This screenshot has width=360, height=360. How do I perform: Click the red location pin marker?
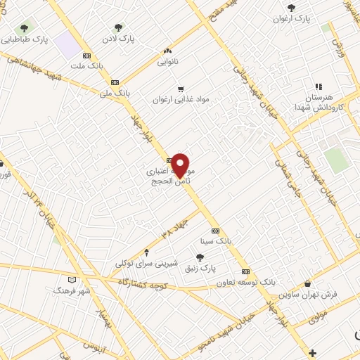tap(181, 166)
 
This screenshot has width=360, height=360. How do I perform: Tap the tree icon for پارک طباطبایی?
tap(25, 28)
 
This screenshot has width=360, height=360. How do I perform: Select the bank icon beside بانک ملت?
tap(87, 56)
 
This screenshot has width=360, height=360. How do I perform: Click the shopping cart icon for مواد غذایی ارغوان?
tap(181, 89)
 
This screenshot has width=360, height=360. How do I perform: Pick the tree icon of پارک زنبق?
tap(210, 257)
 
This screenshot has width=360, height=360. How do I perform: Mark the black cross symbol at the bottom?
tap(313, 352)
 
